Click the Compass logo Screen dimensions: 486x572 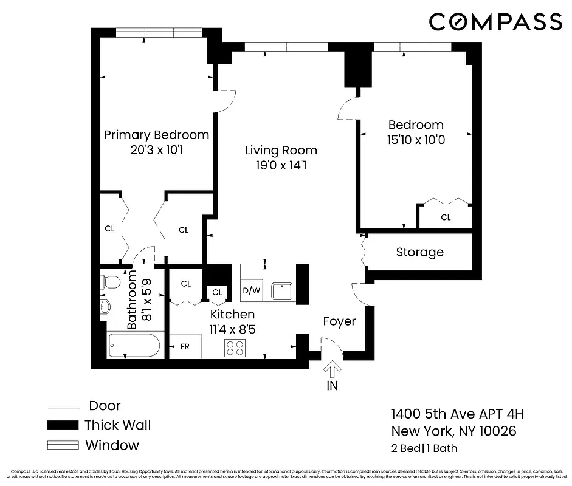(495, 22)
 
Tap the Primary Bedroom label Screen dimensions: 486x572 (156, 135)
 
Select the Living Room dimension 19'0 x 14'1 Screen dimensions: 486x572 (281, 165)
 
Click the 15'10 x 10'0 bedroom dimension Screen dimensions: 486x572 (416, 140)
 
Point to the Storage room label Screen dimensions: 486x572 (419, 252)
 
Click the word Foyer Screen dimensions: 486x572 (339, 321)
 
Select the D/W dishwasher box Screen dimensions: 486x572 (251, 290)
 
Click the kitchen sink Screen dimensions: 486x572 (282, 290)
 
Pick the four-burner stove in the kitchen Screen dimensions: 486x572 (235, 348)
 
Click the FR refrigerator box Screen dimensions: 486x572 (185, 347)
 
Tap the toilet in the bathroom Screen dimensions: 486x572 (111, 282)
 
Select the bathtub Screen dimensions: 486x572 (134, 347)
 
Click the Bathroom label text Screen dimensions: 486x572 (132, 300)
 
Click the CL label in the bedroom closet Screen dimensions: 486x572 (446, 217)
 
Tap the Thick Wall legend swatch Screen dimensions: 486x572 (63, 425)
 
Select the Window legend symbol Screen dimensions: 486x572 (63, 445)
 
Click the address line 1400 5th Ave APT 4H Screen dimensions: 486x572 (457, 414)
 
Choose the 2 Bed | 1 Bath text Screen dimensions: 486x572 (424, 449)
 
